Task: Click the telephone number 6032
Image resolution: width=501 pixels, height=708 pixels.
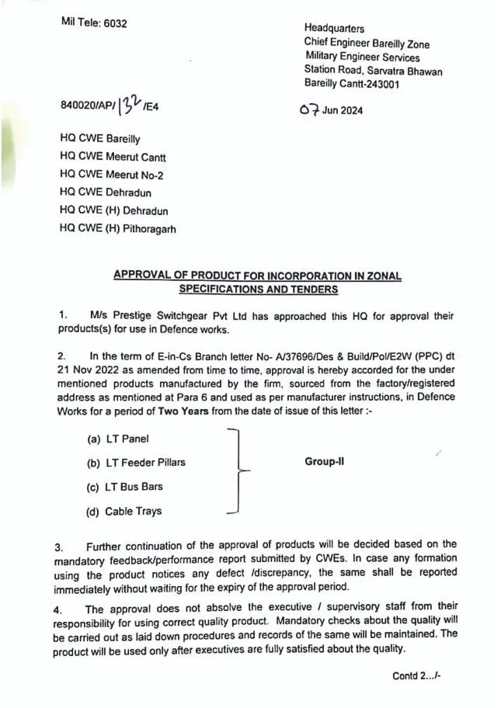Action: click(113, 23)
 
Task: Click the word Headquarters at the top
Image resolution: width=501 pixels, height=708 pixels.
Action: click(334, 29)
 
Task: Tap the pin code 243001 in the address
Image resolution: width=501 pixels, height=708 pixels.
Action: click(381, 84)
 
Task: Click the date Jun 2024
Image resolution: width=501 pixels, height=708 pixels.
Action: click(342, 110)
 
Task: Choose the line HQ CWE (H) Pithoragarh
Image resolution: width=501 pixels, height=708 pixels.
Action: click(118, 229)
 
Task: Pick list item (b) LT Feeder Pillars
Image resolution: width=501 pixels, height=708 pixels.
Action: click(136, 463)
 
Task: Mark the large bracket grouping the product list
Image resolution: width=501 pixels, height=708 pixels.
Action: click(240, 470)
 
